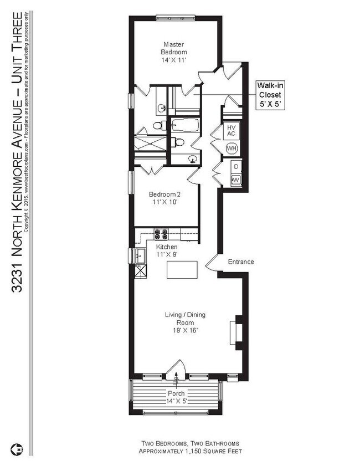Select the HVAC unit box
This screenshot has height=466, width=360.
tap(232, 131)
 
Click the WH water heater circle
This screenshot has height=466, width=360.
tap(232, 148)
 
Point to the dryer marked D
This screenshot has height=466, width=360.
tap(235, 167)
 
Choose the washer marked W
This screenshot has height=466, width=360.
tap(235, 180)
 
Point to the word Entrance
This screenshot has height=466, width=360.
tap(240, 262)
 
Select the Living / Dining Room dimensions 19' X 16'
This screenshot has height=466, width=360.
tap(185, 330)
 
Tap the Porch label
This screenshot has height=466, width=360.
tap(177, 393)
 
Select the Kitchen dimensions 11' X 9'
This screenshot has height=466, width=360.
tap(166, 254)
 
